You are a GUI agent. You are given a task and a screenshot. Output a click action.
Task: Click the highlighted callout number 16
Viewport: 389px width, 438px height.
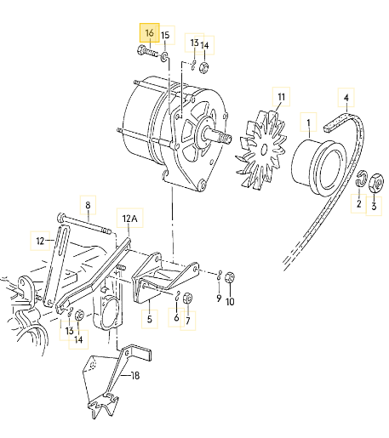[149, 33]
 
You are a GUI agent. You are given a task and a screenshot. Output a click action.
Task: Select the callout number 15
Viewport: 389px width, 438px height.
[165, 36]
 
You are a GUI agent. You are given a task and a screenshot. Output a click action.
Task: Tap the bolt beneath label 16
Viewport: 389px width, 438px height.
[147, 52]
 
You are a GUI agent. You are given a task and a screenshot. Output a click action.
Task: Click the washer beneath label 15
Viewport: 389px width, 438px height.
[164, 57]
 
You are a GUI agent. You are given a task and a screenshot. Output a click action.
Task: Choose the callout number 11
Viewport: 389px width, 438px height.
[281, 97]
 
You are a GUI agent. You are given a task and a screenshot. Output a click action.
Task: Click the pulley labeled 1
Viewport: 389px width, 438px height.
[319, 168]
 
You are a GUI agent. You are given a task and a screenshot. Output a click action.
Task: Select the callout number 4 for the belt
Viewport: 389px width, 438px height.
[346, 98]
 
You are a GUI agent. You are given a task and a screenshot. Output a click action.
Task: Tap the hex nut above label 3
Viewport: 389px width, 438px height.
[376, 183]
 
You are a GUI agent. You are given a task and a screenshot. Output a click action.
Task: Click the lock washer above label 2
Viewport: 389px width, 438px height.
[361, 179]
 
